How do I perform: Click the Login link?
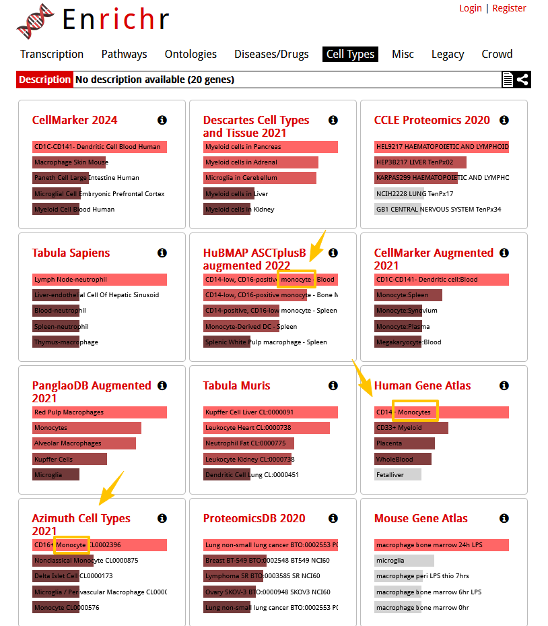click(470, 8)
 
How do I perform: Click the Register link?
click(509, 8)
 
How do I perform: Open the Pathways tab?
click(124, 54)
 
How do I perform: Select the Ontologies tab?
click(191, 54)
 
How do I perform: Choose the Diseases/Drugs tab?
click(271, 54)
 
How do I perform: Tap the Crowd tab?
click(497, 54)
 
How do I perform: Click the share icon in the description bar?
click(522, 80)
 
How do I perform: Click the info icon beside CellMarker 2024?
click(162, 120)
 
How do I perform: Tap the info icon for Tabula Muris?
click(333, 385)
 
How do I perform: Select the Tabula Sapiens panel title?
click(71, 253)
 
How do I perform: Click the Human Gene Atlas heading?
click(422, 385)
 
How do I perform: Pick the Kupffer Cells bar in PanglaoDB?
click(69, 459)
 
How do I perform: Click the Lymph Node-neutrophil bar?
click(99, 279)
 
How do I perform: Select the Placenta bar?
click(405, 443)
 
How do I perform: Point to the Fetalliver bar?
click(398, 474)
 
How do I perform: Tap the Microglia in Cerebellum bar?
click(259, 178)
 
